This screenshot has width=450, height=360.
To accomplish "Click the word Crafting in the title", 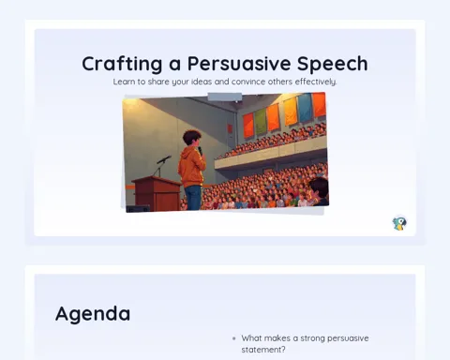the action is (x=122, y=65).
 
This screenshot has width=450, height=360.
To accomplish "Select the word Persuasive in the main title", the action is (x=239, y=64).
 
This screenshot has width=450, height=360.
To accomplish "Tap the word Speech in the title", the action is (x=333, y=65).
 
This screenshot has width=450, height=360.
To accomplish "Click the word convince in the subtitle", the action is (x=245, y=82).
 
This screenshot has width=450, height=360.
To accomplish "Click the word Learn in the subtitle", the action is (x=121, y=82).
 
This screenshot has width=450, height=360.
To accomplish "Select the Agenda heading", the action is (x=93, y=314).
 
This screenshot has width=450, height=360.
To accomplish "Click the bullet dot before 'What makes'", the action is (x=234, y=338).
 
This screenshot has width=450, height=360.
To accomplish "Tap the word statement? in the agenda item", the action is (x=263, y=350).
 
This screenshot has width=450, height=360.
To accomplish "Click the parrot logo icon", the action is (x=399, y=223).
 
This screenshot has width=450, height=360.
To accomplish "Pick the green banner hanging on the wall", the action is (x=261, y=122).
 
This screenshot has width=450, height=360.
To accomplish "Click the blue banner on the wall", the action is (x=305, y=108).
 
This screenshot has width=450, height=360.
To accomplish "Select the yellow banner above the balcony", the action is (x=291, y=112).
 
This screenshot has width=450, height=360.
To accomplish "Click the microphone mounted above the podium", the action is (x=164, y=159).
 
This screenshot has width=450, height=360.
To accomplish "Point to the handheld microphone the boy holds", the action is (x=200, y=151).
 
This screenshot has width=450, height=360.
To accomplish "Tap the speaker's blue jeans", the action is (x=193, y=197).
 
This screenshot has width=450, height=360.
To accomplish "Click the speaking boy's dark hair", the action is (x=192, y=137).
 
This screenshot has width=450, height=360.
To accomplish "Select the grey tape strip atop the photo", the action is (x=225, y=97).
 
